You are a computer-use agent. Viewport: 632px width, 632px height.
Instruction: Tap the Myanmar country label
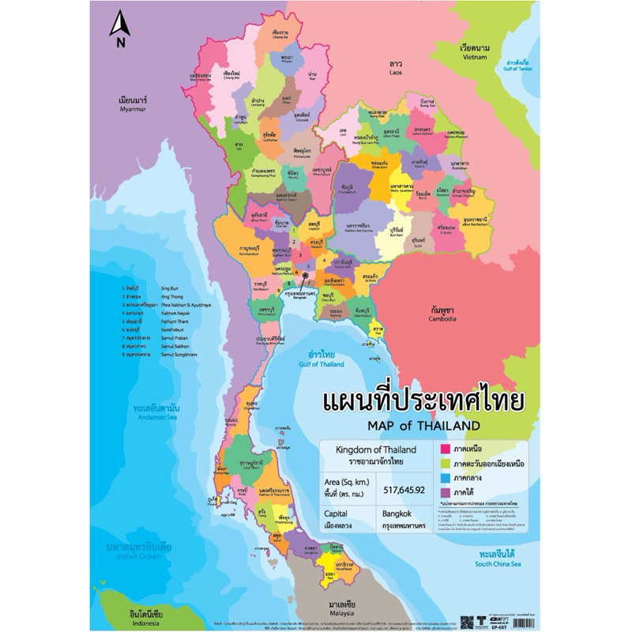coord(134,106)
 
